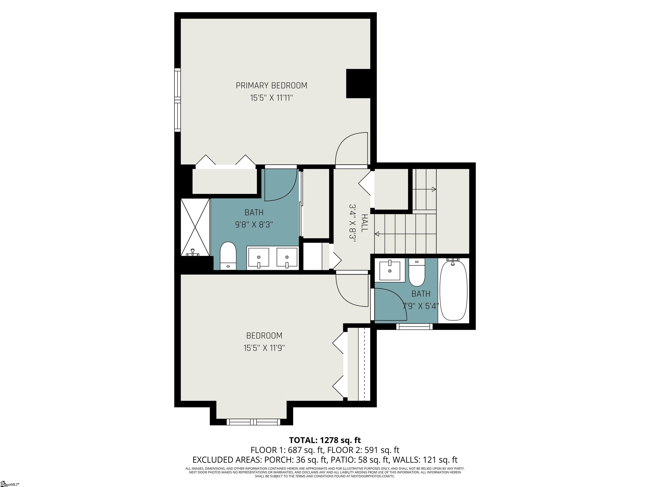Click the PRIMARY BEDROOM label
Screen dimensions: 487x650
coord(271,85)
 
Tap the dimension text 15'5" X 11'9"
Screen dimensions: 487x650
coord(264,348)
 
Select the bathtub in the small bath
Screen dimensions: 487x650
coord(453,290)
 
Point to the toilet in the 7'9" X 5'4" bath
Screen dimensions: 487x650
coord(417,273)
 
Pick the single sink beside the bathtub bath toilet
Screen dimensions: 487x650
coord(390,271)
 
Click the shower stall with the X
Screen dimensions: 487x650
coord(195,227)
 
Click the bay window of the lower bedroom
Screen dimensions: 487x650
coord(253,422)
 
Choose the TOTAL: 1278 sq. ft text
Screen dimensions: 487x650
coord(325,440)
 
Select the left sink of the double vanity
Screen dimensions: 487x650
coord(258,257)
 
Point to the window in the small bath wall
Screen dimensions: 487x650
coord(414,326)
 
